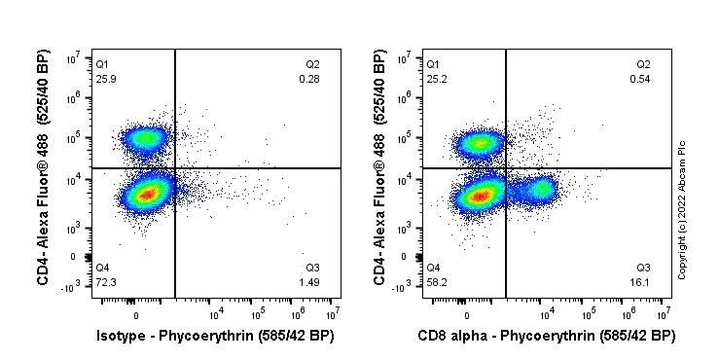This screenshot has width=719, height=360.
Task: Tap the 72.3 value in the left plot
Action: coord(105,281)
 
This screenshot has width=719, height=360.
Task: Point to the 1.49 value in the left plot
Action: coord(309,281)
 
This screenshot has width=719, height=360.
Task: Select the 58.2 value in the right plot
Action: coord(437,281)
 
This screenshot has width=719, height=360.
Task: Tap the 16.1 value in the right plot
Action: coord(642,281)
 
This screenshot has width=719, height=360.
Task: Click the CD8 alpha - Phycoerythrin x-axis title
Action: coord(546,337)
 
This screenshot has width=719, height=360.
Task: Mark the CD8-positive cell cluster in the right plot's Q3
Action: coord(539,188)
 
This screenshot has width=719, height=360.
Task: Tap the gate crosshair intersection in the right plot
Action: coord(506,168)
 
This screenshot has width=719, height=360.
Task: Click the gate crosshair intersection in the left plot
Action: coord(175,168)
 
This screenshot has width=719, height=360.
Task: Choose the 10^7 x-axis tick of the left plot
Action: coord(334,313)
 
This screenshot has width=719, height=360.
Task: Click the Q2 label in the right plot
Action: coord(643,63)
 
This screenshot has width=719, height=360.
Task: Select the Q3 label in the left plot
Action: coord(312,268)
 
